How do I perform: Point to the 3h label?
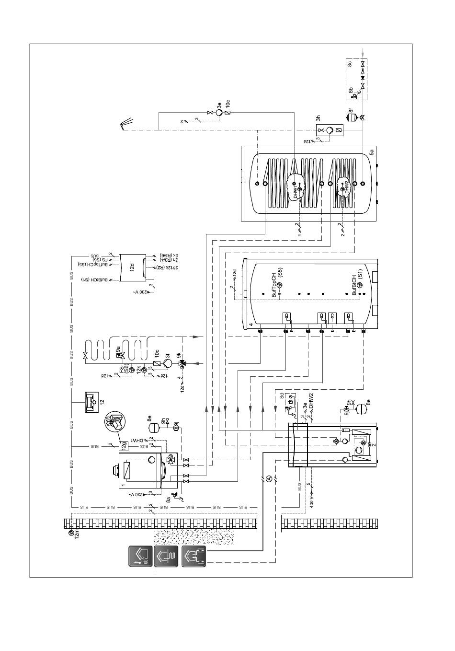318,119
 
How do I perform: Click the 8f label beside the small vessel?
351,110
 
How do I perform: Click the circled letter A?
269,478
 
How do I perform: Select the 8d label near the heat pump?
282,396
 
